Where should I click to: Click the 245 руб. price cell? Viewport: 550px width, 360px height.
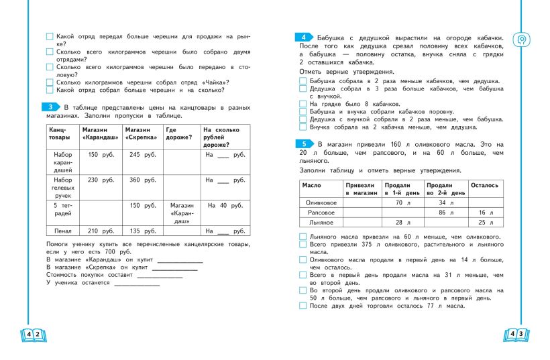click(139, 155)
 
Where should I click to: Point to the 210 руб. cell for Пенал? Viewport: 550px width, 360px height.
click(98, 231)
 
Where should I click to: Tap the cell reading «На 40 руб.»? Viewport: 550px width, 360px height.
click(223, 205)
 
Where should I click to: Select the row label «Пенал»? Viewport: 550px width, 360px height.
click(62, 231)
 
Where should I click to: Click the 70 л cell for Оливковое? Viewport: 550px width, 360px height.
click(402, 202)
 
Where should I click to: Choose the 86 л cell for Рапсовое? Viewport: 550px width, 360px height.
click(445, 212)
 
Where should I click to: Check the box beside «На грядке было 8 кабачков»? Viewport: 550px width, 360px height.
click(302, 104)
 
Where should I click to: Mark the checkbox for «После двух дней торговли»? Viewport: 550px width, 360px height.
click(302, 306)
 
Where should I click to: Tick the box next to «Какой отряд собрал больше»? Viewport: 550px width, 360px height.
click(50, 89)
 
